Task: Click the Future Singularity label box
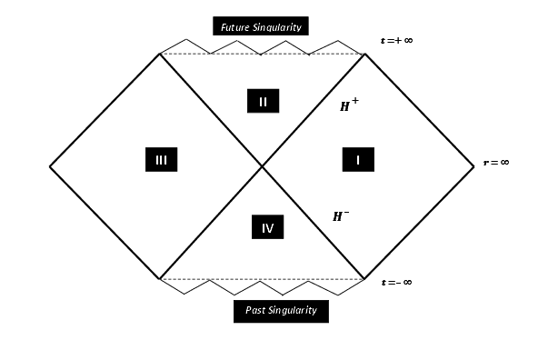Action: (x=261, y=25)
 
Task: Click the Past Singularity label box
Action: (x=281, y=310)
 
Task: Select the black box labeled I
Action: (x=358, y=160)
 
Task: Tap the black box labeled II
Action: (x=262, y=101)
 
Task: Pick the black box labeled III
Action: (x=161, y=160)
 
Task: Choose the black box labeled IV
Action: (x=267, y=227)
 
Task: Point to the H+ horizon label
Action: (x=349, y=106)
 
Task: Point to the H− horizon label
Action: (x=341, y=216)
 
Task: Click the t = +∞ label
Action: (x=396, y=42)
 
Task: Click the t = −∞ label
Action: (x=396, y=282)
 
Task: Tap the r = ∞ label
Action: (x=495, y=162)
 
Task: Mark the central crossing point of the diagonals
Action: (x=263, y=166)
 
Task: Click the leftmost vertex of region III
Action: (x=49, y=166)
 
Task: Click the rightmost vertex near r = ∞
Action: (x=474, y=166)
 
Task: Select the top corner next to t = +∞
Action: (x=364, y=54)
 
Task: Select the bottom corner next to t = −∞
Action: (x=364, y=279)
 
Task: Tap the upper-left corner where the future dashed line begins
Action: (x=160, y=54)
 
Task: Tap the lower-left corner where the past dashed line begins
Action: (x=160, y=279)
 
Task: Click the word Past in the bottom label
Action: (x=256, y=310)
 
